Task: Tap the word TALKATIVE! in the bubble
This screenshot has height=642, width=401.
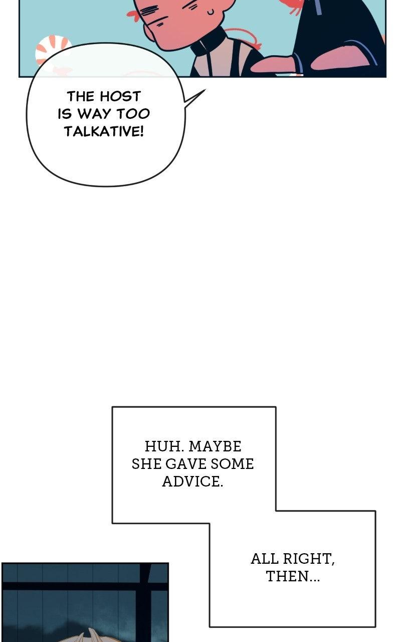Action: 104,131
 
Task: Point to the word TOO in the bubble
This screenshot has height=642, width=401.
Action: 133,114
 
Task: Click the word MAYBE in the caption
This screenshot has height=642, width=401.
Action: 215,446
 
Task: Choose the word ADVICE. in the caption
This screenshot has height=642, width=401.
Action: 192,481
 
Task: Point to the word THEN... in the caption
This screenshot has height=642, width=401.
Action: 293,576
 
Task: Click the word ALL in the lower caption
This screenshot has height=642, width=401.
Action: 264,559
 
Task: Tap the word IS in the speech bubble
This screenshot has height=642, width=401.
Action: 65,114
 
